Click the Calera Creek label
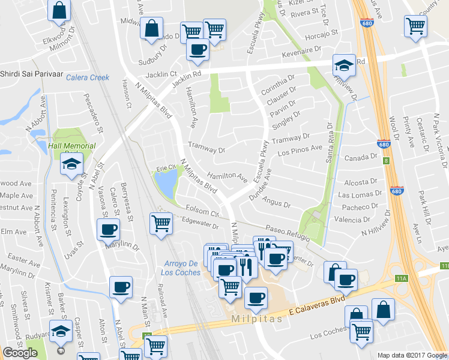coord(88,77)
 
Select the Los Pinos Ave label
coord(300,149)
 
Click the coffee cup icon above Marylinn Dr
coord(109,229)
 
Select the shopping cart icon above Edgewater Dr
coord(161,224)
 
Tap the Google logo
coord(20,353)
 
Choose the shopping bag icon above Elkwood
coord(59,10)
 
